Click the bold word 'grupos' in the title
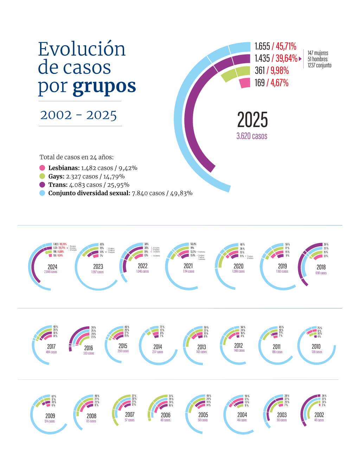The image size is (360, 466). (x=104, y=87)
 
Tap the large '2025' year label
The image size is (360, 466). (x=252, y=120)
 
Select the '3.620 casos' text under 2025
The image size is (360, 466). (x=252, y=136)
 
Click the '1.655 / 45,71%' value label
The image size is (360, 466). (x=275, y=46)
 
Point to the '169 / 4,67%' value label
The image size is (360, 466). (x=271, y=83)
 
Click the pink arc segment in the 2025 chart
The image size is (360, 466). (x=245, y=83)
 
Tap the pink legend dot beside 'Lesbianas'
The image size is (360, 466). (x=42, y=168)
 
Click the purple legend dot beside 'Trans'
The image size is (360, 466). (x=42, y=185)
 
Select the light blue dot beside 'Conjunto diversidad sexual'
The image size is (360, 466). (x=42, y=193)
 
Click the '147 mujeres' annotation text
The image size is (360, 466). (x=318, y=53)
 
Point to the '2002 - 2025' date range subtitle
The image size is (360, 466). (x=78, y=115)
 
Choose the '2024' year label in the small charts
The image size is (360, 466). (x=52, y=267)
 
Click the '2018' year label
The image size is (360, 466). (x=321, y=267)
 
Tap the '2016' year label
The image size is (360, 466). (x=89, y=348)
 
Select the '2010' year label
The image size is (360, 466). (x=316, y=347)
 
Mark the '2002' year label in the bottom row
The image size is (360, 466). (x=319, y=415)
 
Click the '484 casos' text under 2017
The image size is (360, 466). (x=51, y=352)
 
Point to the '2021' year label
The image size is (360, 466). (x=188, y=266)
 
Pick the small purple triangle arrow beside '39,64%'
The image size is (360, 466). (x=300, y=59)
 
